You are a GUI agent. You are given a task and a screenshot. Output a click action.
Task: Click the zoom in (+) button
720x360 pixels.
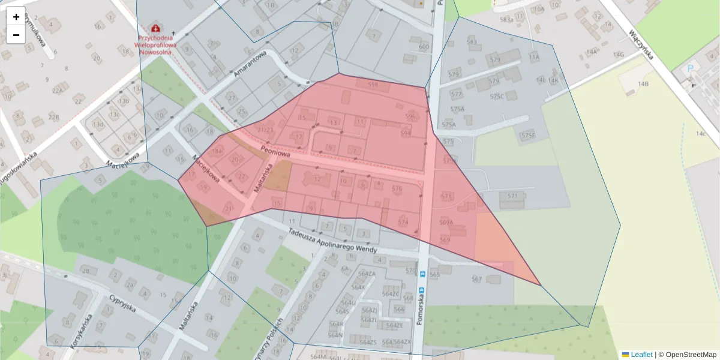coord(16,16)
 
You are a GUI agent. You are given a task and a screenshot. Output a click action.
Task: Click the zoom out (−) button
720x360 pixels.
coord(16,35)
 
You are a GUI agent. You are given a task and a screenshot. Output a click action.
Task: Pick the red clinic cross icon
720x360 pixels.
coord(156,28)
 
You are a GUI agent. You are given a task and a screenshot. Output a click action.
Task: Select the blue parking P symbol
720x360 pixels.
coord(690,70)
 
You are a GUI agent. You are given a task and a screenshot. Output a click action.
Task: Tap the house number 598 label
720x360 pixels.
coord(373,85)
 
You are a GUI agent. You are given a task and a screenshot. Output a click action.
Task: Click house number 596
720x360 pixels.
coord(410,116)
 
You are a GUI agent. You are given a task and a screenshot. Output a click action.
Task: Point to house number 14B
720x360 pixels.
coord(643,84)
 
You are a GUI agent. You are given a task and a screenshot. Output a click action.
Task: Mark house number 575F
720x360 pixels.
coord(528,136)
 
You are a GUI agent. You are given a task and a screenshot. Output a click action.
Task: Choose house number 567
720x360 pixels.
coord(477,279)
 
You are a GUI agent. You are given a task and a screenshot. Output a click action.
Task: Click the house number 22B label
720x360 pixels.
coord(53,116)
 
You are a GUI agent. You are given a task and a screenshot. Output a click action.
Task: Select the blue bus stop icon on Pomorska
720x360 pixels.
coord(422,274)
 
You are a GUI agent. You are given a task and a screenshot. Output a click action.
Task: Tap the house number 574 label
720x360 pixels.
coord(403,222)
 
